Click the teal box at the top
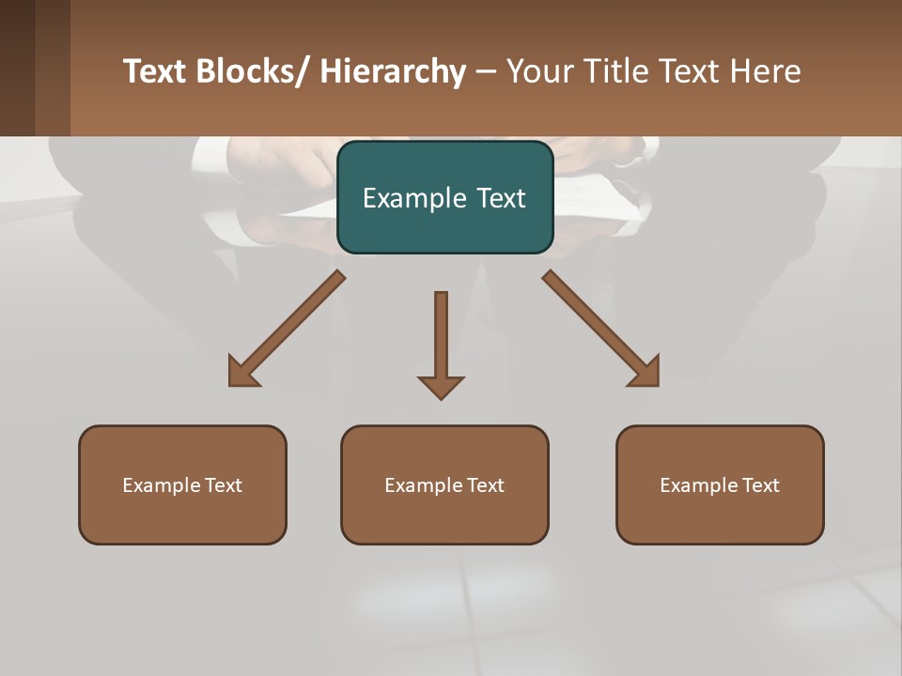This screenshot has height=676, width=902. click(x=444, y=197)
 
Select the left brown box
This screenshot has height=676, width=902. click(x=182, y=484)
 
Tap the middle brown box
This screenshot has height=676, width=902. click(x=444, y=484)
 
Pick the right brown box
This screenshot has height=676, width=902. click(x=720, y=484)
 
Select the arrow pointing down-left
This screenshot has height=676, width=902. click(x=286, y=329)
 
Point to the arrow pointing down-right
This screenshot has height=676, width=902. click(x=601, y=329)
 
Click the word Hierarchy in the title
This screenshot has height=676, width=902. click(x=393, y=71)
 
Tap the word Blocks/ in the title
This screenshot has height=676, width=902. click(x=251, y=71)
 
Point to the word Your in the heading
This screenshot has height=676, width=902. click(x=538, y=71)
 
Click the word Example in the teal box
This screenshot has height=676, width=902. click(x=410, y=198)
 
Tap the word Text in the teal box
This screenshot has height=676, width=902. click(x=503, y=198)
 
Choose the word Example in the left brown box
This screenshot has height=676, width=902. click(x=162, y=485)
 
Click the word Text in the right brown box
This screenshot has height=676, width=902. click(x=760, y=485)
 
